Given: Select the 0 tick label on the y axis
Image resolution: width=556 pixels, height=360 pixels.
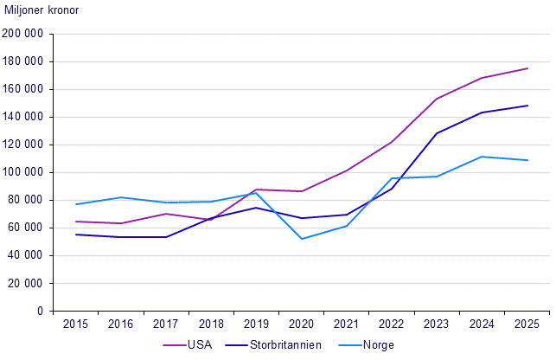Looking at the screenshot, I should [40, 311].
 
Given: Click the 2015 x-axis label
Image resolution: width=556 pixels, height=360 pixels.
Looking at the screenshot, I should [76, 324].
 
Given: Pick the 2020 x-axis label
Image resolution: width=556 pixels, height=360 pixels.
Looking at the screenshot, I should [302, 324].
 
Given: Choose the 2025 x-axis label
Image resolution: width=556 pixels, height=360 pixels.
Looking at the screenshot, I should [527, 324].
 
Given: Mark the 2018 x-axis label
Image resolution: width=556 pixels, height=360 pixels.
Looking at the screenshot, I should [211, 324].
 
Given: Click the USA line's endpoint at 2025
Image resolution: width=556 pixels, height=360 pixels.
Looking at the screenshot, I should [527, 68].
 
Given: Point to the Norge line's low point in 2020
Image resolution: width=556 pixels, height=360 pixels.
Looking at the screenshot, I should [302, 239].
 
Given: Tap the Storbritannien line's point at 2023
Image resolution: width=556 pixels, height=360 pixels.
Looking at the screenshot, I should [438, 133].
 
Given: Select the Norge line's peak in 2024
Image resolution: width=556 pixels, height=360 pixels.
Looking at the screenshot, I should [483, 157].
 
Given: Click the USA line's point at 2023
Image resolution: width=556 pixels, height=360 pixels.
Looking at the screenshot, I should [438, 99].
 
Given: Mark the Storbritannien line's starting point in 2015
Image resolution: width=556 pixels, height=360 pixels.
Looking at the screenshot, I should [76, 235].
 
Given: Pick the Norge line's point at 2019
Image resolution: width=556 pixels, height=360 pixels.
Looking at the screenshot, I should [257, 193].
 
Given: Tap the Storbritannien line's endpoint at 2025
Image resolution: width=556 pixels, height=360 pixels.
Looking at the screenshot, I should [527, 106].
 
